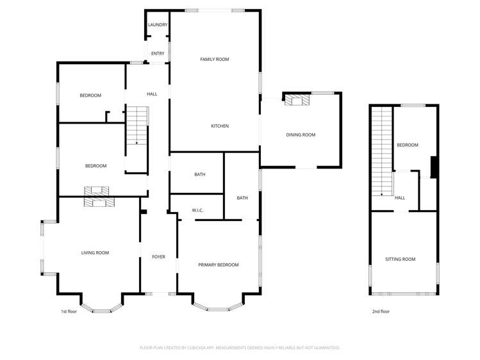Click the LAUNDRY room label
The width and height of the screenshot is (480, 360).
pos(158,25)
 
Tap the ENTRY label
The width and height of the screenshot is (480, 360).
pos(158,53)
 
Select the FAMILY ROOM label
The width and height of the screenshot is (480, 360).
pos(214,60)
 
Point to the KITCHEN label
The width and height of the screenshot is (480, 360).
pos(220,126)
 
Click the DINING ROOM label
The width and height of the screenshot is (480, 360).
pos(301,135)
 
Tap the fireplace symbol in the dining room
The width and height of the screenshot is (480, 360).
pos(297,100)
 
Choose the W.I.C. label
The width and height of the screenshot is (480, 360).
pos(197,210)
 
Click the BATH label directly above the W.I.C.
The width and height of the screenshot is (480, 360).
pos(199,174)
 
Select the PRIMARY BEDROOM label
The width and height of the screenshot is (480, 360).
pos(218,265)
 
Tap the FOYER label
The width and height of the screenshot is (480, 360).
pos(158,257)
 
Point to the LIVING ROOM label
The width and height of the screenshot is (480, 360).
pos(95,253)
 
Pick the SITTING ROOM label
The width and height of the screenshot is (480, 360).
pos(400,259)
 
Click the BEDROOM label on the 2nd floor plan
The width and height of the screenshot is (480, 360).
pos(407,145)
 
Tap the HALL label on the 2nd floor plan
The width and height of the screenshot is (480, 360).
pos(399,198)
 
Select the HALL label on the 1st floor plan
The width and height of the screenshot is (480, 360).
pos(152,94)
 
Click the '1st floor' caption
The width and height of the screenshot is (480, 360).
pos(69,311)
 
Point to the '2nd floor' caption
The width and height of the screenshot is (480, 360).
pos(381,311)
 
